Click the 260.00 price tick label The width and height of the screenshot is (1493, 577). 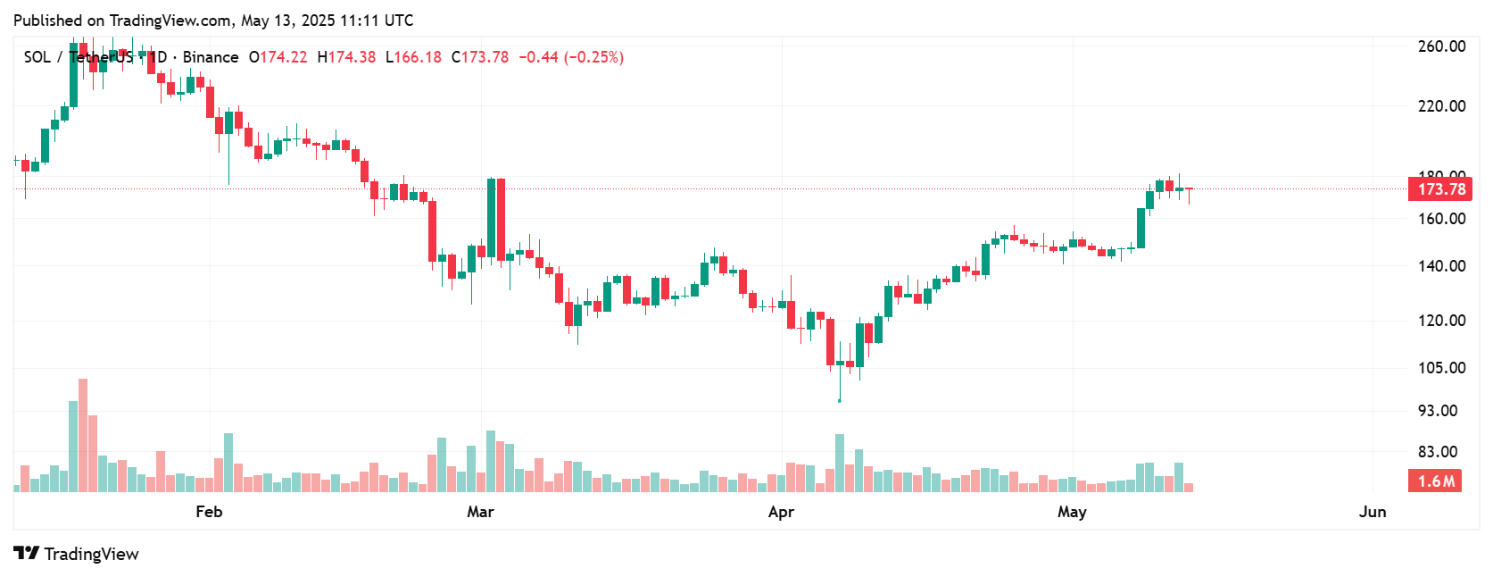1441,46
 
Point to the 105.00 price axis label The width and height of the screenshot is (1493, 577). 1441,368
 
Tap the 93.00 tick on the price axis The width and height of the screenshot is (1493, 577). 1438,411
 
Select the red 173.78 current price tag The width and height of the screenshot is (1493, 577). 1439,189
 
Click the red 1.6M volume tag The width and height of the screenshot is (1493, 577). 1435,481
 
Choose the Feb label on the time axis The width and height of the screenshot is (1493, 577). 209,512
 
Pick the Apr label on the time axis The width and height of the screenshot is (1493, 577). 781,512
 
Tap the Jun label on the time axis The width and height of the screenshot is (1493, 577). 1372,512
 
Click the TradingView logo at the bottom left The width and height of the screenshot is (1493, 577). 77,554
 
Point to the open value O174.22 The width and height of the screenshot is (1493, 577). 278,57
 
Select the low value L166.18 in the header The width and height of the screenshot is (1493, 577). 413,57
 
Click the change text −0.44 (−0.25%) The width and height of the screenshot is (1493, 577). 571,57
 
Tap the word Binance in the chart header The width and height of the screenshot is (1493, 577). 211,57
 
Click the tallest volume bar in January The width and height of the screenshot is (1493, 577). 83,435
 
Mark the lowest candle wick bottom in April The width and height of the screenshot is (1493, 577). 839,399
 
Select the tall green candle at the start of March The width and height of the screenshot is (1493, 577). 491,219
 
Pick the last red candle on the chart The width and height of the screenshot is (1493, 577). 1189,190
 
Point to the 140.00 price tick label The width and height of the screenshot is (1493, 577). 1441,266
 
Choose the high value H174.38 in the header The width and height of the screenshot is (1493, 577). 346,57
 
